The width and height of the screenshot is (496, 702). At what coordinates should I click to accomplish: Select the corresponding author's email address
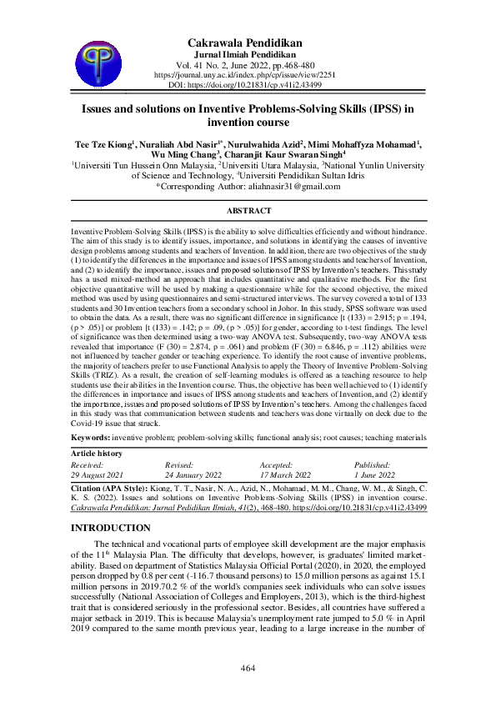click(295, 188)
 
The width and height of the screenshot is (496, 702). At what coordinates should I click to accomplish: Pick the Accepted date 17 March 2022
click(288, 473)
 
